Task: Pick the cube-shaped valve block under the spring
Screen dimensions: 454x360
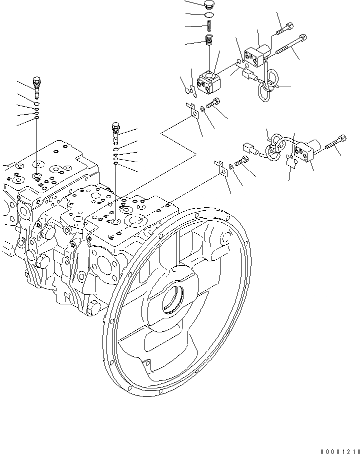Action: pyautogui.click(x=209, y=83)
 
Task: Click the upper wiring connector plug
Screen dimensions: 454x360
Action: pyautogui.click(x=248, y=76)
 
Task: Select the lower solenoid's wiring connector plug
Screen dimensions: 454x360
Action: pyautogui.click(x=248, y=148)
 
